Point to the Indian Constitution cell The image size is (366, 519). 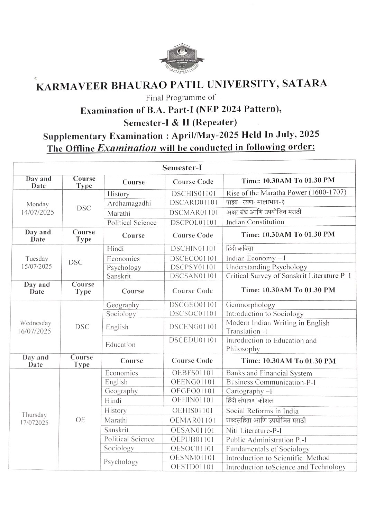[255, 222]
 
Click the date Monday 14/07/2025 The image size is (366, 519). [38, 208]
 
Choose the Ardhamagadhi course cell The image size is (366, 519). [129, 203]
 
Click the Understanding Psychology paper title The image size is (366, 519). [266, 267]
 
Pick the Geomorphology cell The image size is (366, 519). [250, 305]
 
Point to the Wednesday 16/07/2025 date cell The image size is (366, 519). [36, 327]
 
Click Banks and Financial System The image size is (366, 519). [269, 373]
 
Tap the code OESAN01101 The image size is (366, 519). [192, 430]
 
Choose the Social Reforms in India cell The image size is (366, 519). [262, 411]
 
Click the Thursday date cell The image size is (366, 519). [34, 418]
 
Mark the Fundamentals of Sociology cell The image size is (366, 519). [267, 449]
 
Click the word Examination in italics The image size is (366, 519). [127, 148]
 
